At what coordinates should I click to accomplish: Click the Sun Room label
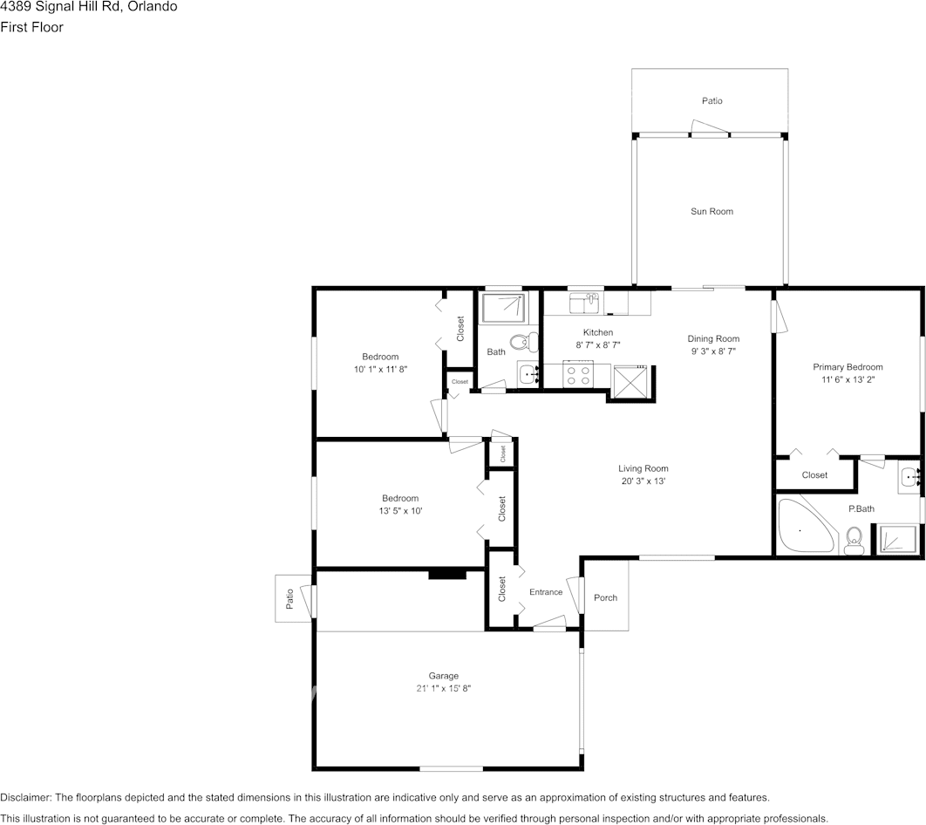(x=712, y=211)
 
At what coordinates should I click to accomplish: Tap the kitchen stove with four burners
(x=577, y=376)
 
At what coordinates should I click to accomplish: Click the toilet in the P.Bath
(x=855, y=540)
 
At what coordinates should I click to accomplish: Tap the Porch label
(x=605, y=597)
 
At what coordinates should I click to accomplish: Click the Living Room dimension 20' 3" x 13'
(x=643, y=481)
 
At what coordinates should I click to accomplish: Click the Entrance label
(x=546, y=592)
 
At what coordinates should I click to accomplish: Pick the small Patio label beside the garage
(x=289, y=598)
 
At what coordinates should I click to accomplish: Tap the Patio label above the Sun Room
(x=712, y=101)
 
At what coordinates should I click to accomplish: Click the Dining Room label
(x=713, y=338)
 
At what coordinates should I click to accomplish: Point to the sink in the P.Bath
(x=909, y=477)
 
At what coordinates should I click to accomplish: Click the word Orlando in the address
(x=154, y=7)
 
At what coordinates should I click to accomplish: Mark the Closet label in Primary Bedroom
(x=814, y=475)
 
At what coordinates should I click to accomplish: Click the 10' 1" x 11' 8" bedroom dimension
(x=380, y=369)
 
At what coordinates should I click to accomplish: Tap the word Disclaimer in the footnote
(x=25, y=797)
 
